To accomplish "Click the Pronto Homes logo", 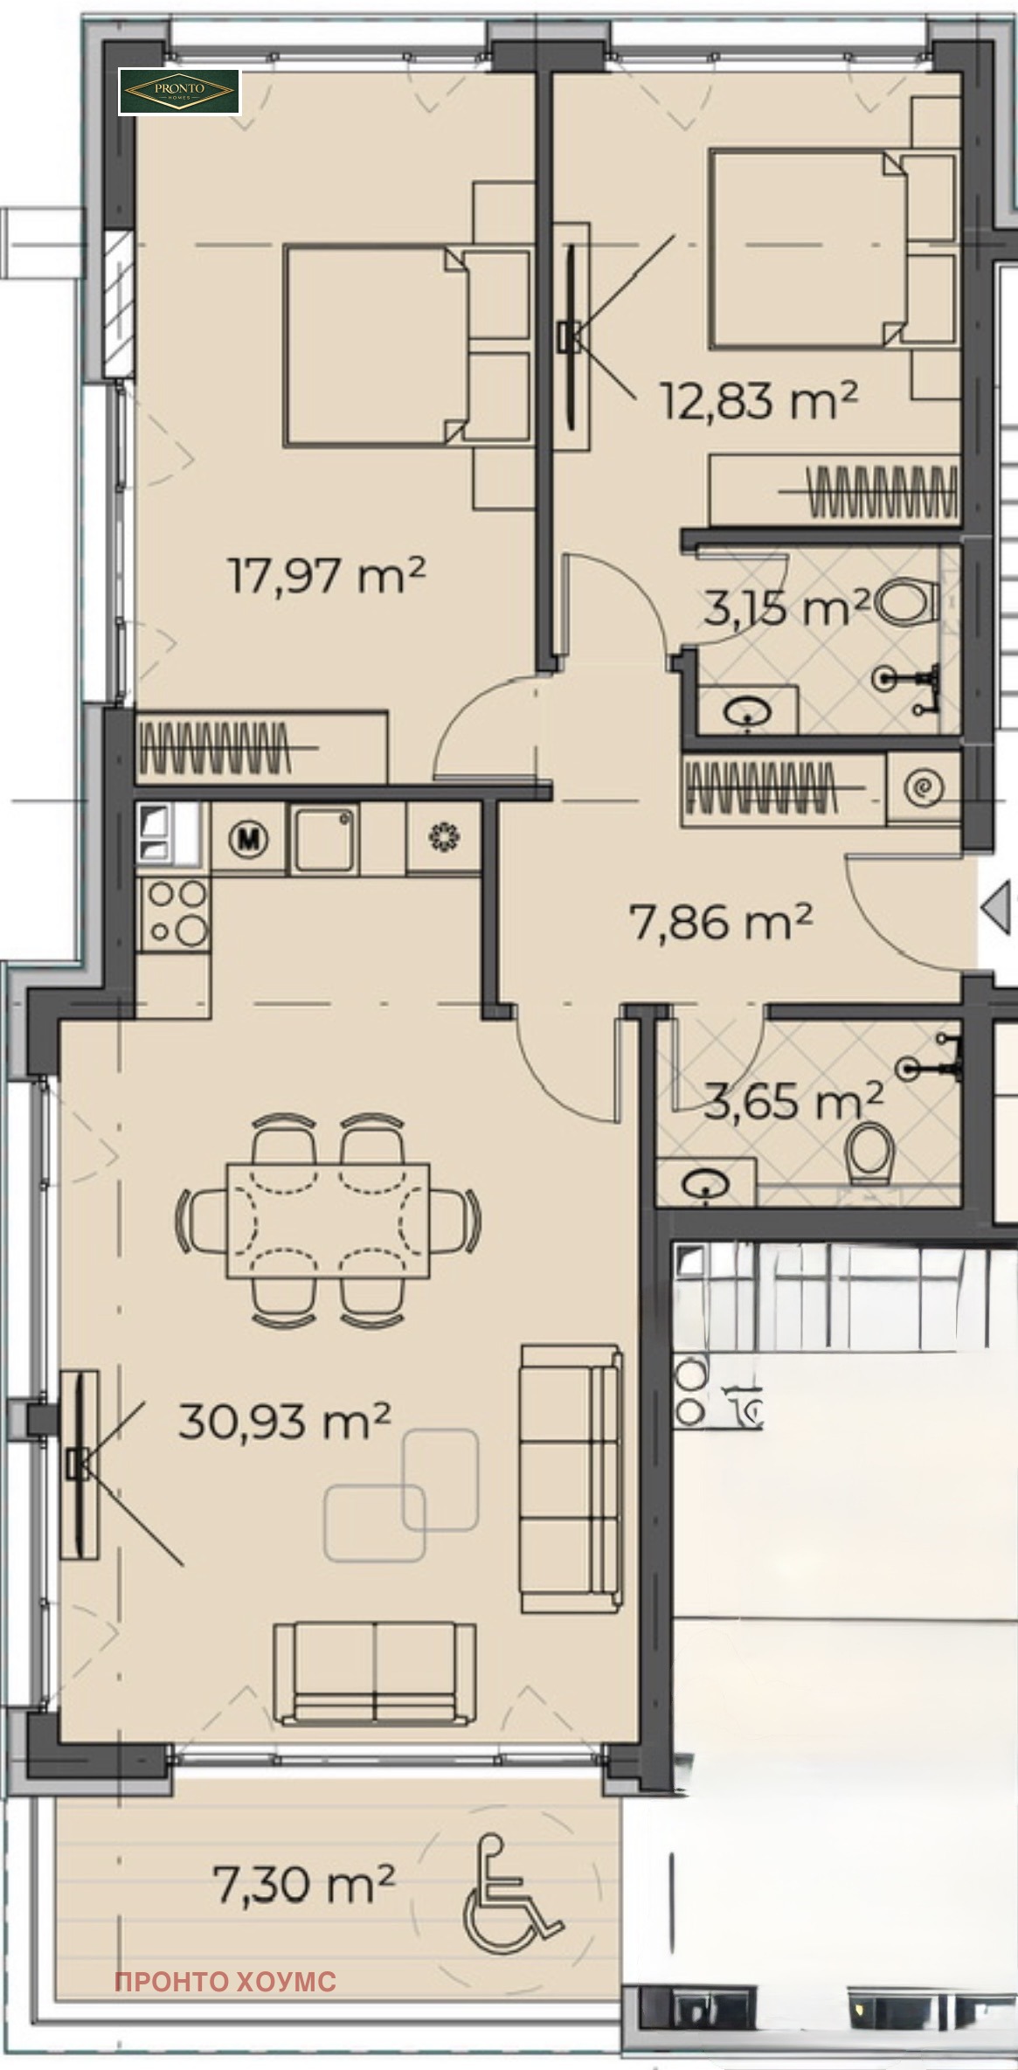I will (179, 92).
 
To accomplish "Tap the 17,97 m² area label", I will (327, 576).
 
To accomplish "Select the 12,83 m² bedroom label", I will (758, 400).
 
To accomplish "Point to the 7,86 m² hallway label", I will (721, 921).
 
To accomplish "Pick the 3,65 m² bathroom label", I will (793, 1100).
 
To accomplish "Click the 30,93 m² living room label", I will (284, 1420).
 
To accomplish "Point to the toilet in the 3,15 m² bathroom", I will (904, 601).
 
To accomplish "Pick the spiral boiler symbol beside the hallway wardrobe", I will (923, 789).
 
